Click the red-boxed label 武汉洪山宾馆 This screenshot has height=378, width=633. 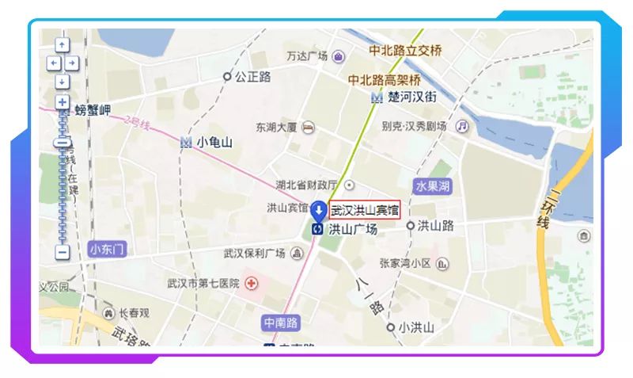tap(366, 210)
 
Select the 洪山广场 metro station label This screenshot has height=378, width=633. tap(352, 229)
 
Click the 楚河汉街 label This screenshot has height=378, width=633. tap(412, 97)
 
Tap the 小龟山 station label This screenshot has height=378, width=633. tap(214, 142)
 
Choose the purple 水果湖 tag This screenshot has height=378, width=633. tap(433, 187)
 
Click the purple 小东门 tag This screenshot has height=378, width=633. tap(108, 249)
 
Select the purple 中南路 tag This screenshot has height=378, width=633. tap(282, 323)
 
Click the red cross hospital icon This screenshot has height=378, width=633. tap(252, 283)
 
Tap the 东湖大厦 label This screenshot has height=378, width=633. tap(276, 127)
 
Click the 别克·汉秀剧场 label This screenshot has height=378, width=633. tap(414, 126)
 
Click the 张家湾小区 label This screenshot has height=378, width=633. tap(404, 263)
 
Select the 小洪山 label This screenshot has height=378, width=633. tap(416, 326)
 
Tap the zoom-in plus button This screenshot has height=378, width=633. tap(63, 101)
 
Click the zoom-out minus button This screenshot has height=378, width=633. tap(63, 253)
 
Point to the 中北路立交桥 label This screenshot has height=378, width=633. tap(405, 51)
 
